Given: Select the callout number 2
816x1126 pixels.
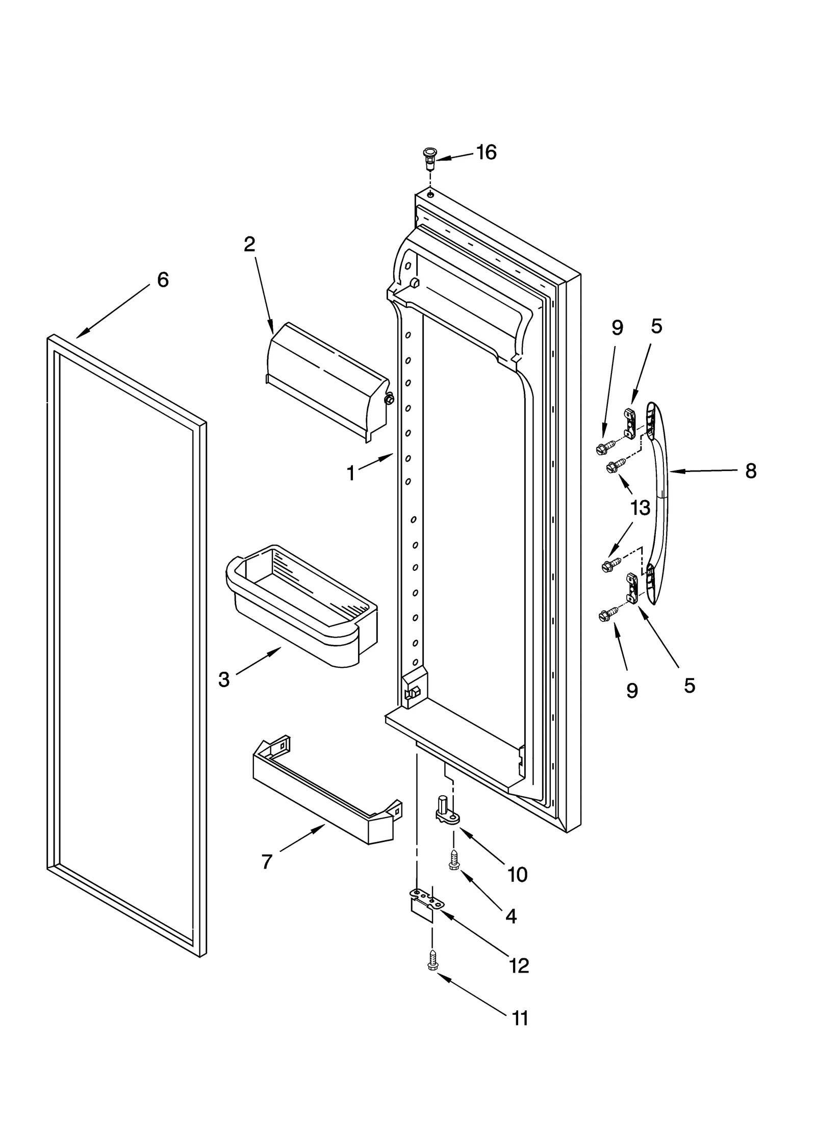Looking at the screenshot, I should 249,245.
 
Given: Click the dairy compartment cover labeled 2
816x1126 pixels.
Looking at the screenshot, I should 326,380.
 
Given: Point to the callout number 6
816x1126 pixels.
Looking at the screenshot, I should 163,279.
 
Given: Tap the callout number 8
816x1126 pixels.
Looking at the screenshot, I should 751,471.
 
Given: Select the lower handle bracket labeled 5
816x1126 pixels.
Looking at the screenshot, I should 632,588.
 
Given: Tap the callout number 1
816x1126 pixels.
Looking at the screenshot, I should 351,474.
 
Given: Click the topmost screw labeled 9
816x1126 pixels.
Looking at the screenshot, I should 601,449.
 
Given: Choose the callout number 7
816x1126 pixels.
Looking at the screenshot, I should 267,862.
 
